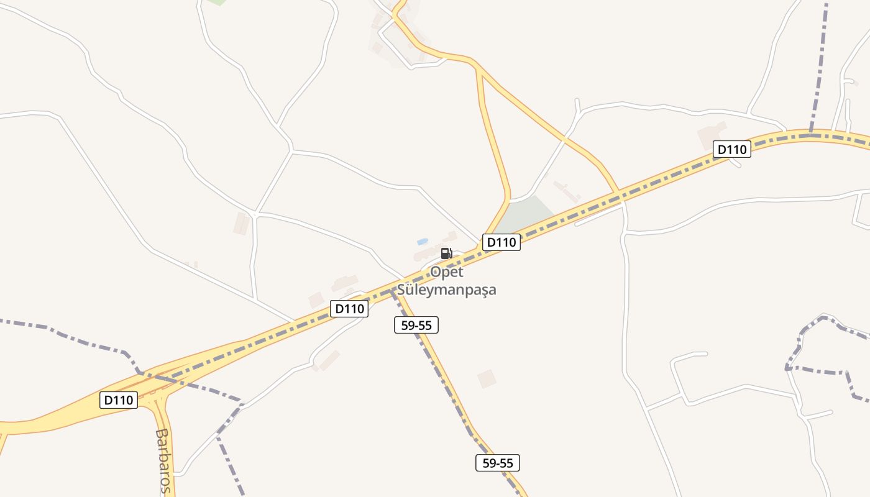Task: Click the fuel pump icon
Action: click(446, 253)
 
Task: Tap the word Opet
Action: click(447, 272)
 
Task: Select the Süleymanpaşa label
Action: click(447, 290)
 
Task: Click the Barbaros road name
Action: click(163, 460)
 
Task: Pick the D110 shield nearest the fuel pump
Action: click(501, 242)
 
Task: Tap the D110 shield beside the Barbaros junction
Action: click(119, 400)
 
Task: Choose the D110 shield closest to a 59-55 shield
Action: click(349, 308)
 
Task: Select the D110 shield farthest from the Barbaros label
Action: click(732, 149)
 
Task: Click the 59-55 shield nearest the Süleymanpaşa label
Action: click(416, 324)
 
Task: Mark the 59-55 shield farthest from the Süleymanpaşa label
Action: click(498, 463)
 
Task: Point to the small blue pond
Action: click(423, 241)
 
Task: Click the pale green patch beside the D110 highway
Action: click(525, 214)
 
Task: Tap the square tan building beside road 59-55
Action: click(487, 378)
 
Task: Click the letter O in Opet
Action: click(436, 272)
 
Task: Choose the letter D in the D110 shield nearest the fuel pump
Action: click(491, 242)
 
